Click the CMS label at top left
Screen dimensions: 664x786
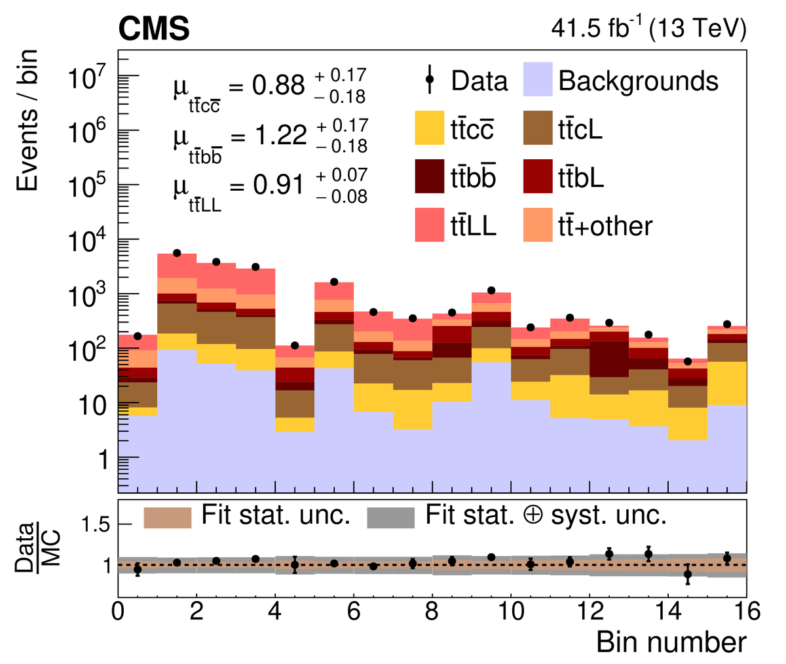point(154,29)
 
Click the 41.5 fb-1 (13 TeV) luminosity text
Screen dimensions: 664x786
point(648,29)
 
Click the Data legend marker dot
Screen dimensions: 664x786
point(430,80)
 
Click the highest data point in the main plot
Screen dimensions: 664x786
point(177,253)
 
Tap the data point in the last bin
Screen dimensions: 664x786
point(727,324)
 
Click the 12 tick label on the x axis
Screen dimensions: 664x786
point(589,612)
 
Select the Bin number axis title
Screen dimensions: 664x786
point(671,642)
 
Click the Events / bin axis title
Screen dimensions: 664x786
point(27,121)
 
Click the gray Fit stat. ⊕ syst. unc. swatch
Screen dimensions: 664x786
point(391,517)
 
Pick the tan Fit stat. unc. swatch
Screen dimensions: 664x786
point(167,517)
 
